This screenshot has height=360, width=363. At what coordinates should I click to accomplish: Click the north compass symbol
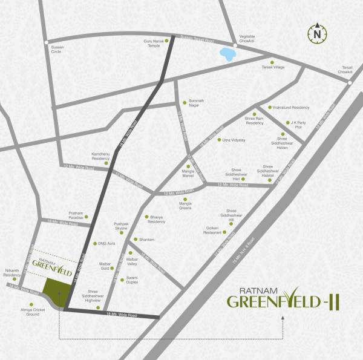pos(316,34)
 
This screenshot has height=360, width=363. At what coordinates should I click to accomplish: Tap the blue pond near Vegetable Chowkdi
pos(227,54)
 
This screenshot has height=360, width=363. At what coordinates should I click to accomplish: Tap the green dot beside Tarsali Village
pos(272,62)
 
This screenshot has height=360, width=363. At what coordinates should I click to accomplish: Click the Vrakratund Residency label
pos(292,108)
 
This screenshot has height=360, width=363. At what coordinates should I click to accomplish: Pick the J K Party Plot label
pos(300,125)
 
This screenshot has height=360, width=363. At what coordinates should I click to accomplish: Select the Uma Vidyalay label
pos(234,140)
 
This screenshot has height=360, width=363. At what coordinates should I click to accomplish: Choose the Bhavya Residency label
pos(157,220)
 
